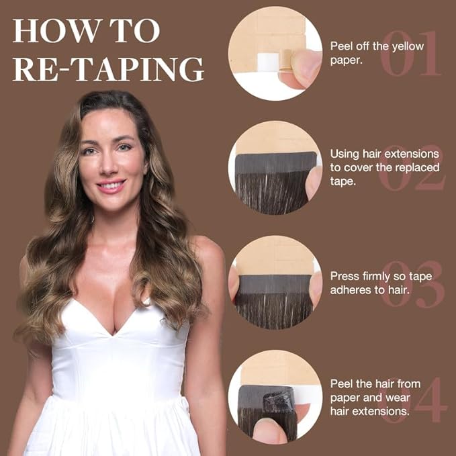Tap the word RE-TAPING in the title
pos(108,69)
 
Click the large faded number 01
pos(411,53)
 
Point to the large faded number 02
pos(412,167)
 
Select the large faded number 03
pos(412,284)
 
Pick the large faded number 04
pos(414,400)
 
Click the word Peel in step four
pos(341,384)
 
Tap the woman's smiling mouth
pos(111,186)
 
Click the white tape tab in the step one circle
pos(267,61)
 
